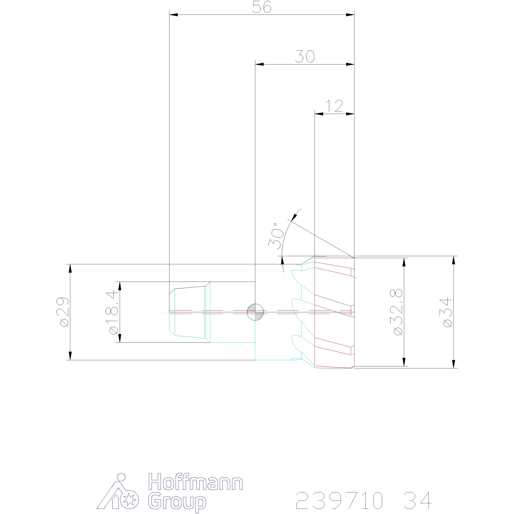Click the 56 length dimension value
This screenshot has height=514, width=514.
tap(262, 7)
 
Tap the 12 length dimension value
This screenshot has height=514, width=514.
tap(334, 106)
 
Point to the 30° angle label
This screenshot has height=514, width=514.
tap(276, 236)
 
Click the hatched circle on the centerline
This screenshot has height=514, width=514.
tap(255, 312)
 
